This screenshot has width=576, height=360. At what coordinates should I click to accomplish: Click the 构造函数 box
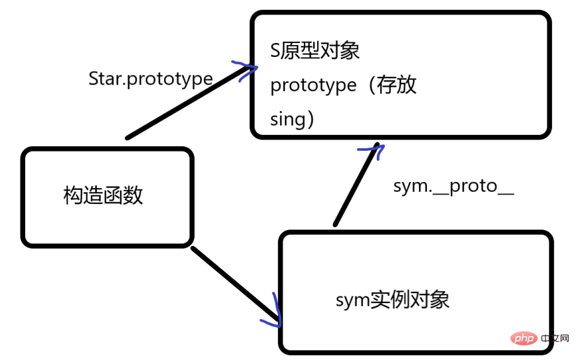(107, 196)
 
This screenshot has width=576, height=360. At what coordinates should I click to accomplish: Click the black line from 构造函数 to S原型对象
(185, 103)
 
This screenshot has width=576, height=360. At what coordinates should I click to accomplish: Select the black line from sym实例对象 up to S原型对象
(356, 185)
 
